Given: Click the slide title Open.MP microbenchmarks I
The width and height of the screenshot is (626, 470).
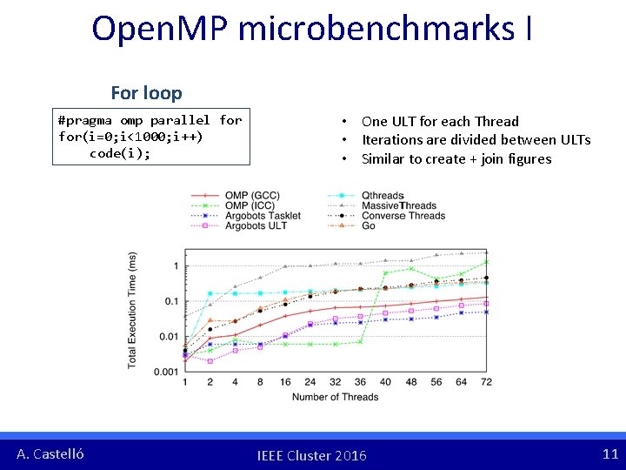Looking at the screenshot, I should [x=312, y=29].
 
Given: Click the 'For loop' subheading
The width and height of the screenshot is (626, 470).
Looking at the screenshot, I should [x=146, y=92].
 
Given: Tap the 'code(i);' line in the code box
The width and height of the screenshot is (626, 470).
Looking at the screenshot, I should [x=119, y=153].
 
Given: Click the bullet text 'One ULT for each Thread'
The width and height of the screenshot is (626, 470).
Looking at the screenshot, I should [x=440, y=121].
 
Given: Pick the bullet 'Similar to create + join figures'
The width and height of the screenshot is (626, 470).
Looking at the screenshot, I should [x=456, y=158].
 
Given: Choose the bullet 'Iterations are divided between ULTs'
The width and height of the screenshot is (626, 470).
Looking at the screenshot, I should [x=476, y=140].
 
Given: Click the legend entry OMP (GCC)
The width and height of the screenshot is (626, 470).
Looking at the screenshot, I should [x=252, y=196].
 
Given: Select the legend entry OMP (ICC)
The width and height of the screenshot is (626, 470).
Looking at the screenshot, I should [x=250, y=206].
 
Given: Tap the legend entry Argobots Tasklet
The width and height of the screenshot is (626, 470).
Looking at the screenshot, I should [x=263, y=216].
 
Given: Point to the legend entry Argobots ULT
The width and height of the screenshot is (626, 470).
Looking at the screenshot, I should [x=256, y=226].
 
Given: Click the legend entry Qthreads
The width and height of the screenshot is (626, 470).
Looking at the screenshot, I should [x=383, y=196].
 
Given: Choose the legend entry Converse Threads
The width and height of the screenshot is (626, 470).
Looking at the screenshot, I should [x=403, y=216].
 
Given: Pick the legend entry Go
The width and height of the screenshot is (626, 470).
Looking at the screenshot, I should [x=369, y=226].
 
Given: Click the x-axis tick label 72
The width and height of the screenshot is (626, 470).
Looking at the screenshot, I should [x=486, y=382].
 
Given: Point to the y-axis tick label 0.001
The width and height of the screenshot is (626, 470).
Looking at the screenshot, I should [x=166, y=373].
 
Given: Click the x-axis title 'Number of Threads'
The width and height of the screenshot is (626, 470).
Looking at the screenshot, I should [x=335, y=397].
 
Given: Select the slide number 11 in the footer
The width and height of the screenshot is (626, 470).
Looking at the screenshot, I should [x=610, y=453].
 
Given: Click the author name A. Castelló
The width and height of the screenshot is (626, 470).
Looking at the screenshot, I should [x=50, y=453].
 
